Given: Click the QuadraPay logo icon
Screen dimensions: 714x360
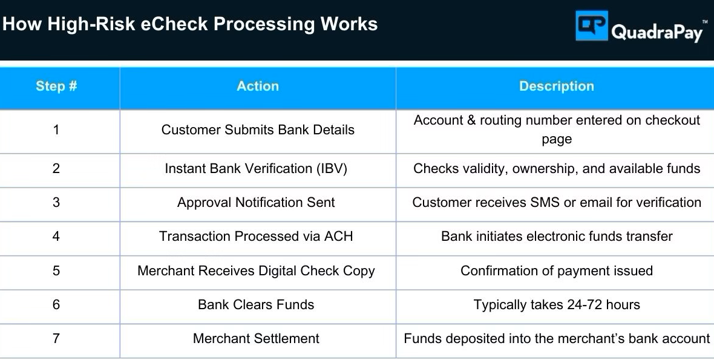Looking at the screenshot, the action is [x=592, y=25].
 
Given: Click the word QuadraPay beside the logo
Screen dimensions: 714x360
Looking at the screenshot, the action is [x=657, y=32].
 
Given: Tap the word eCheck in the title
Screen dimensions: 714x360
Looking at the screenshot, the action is [x=174, y=24].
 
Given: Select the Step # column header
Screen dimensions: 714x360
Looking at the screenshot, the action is [x=56, y=86].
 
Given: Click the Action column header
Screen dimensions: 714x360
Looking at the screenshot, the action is [x=258, y=86].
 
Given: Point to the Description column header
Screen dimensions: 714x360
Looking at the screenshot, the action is [x=557, y=86].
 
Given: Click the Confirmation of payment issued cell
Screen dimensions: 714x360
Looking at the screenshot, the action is [x=557, y=271].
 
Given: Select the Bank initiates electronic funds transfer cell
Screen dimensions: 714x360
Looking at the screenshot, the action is [x=557, y=236].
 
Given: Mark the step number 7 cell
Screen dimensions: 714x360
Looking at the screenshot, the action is [x=56, y=339].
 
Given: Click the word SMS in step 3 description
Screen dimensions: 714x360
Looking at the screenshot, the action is [x=545, y=202].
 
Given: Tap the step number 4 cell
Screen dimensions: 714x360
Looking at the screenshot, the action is [x=56, y=236].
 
